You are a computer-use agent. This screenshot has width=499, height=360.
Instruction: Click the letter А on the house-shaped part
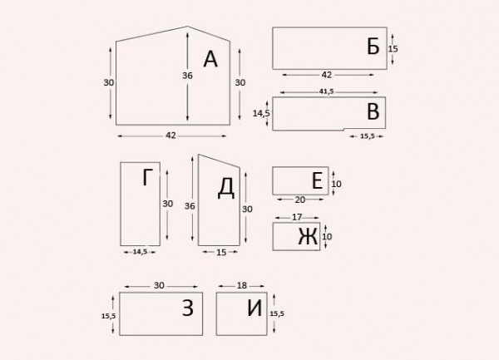pyautogui.click(x=210, y=60)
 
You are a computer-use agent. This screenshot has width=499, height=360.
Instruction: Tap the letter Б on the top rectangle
pyautogui.click(x=373, y=47)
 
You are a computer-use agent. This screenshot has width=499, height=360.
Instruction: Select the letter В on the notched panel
pyautogui.click(x=373, y=112)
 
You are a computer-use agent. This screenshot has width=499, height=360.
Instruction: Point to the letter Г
pyautogui.click(x=147, y=177)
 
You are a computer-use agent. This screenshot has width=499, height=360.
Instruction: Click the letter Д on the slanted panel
pyautogui.click(x=226, y=188)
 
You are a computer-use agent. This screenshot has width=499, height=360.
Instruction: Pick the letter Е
pyautogui.click(x=318, y=180)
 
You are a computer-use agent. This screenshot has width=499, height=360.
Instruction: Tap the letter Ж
pyautogui.click(x=308, y=237)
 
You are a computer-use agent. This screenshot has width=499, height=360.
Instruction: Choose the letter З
pyautogui.click(x=188, y=308)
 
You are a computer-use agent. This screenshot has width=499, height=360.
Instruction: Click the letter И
pyautogui.click(x=254, y=308)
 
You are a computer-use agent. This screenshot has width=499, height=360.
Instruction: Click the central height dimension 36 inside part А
pyautogui.click(x=187, y=76)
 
